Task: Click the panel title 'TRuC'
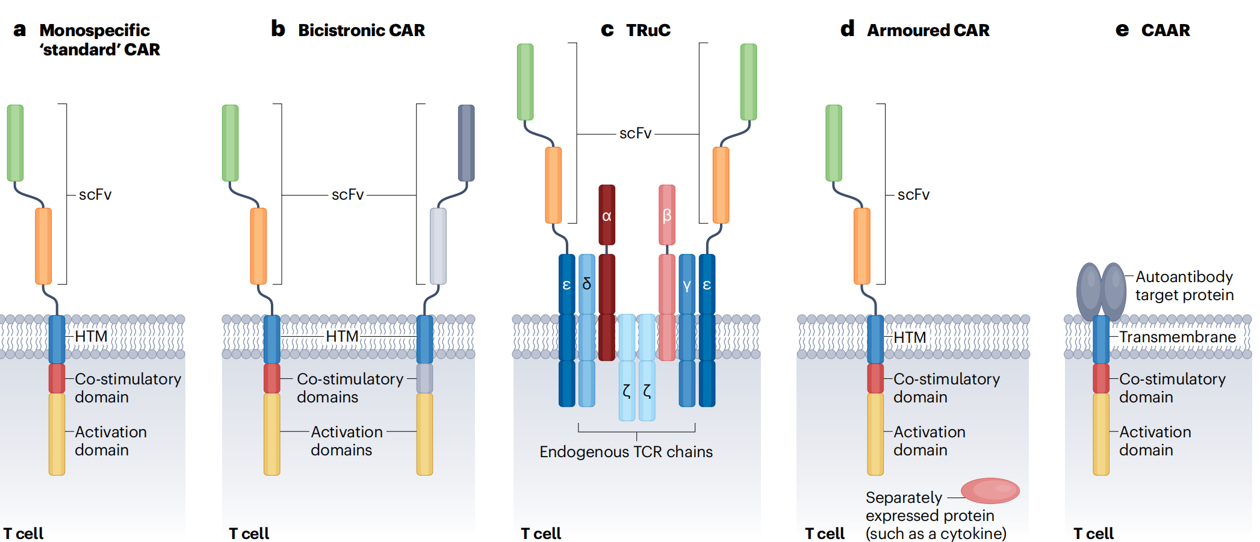[648, 30]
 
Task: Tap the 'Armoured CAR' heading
[928, 30]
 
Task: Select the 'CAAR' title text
[1165, 30]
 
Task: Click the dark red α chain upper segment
[607, 215]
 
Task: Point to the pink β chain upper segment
[667, 215]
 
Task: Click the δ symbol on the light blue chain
[587, 283]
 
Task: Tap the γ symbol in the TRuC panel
[687, 285]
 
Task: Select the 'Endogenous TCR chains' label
[626, 452]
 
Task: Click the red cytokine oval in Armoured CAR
[990, 490]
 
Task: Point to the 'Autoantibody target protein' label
[1184, 286]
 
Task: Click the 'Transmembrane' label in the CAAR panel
[1178, 337]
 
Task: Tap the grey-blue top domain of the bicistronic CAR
[467, 143]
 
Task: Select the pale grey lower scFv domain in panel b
[438, 246]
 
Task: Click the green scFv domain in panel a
[15, 143]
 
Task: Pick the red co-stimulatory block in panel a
[57, 378]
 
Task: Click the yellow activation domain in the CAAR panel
[1101, 434]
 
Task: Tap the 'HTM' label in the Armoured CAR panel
[910, 337]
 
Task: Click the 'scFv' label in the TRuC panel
[636, 133]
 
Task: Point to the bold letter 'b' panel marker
[278, 28]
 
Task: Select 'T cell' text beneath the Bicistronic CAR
[249, 534]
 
